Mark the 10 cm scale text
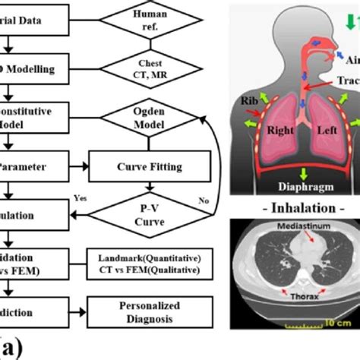339,322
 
